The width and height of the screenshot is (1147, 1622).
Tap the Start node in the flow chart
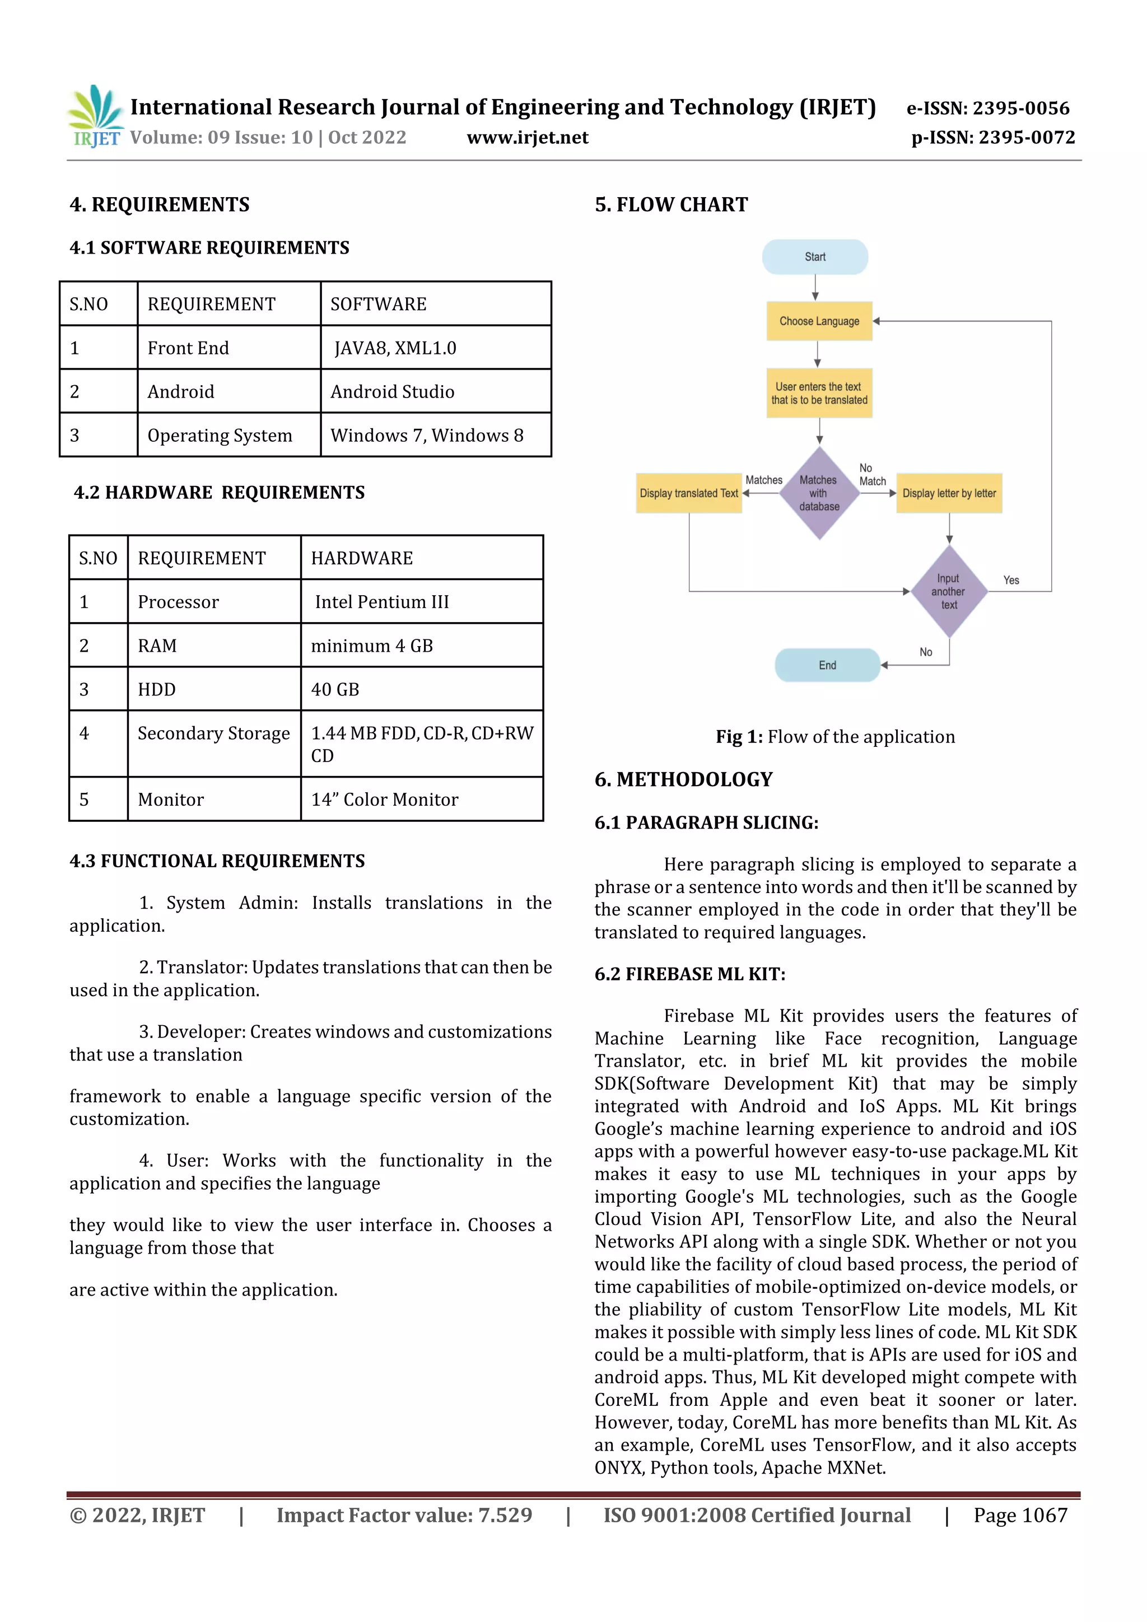[x=815, y=257]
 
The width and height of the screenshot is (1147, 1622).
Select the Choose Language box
[x=819, y=321]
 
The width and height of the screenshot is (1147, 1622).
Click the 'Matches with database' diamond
[x=819, y=493]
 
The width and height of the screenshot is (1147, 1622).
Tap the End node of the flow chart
[x=827, y=665]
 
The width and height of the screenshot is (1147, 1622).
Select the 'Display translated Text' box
[x=688, y=493]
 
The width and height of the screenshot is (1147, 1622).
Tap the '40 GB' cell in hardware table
[x=335, y=689]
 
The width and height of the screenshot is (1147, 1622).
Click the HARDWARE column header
[x=362, y=558]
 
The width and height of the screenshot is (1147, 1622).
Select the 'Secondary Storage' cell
[x=213, y=733]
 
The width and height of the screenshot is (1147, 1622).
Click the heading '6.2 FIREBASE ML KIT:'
[x=690, y=974]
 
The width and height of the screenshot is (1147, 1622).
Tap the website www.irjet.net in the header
[x=527, y=137]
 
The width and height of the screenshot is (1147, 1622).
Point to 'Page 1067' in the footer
[x=1020, y=1515]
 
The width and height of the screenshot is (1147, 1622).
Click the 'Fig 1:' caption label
[x=739, y=737]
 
